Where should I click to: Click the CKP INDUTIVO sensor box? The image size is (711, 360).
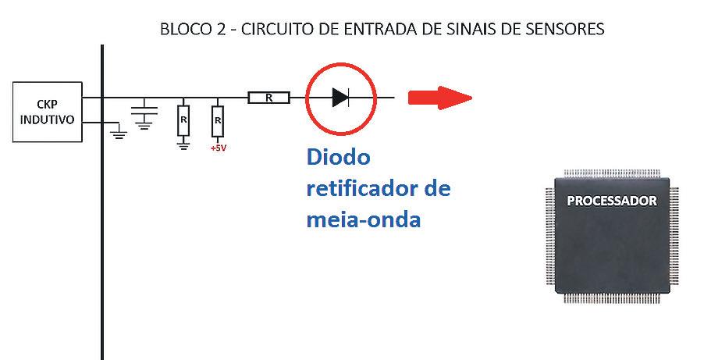click(46, 112)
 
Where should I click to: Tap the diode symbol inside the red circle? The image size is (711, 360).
click(340, 98)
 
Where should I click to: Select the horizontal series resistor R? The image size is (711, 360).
click(269, 98)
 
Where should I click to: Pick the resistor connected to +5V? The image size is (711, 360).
click(218, 120)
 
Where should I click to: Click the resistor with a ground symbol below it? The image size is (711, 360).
click(183, 120)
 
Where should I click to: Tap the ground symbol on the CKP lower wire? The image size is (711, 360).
click(119, 134)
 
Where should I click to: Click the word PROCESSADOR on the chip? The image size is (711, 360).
click(612, 201)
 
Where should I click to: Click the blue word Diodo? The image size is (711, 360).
click(337, 158)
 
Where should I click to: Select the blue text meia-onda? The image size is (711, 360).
click(364, 219)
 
